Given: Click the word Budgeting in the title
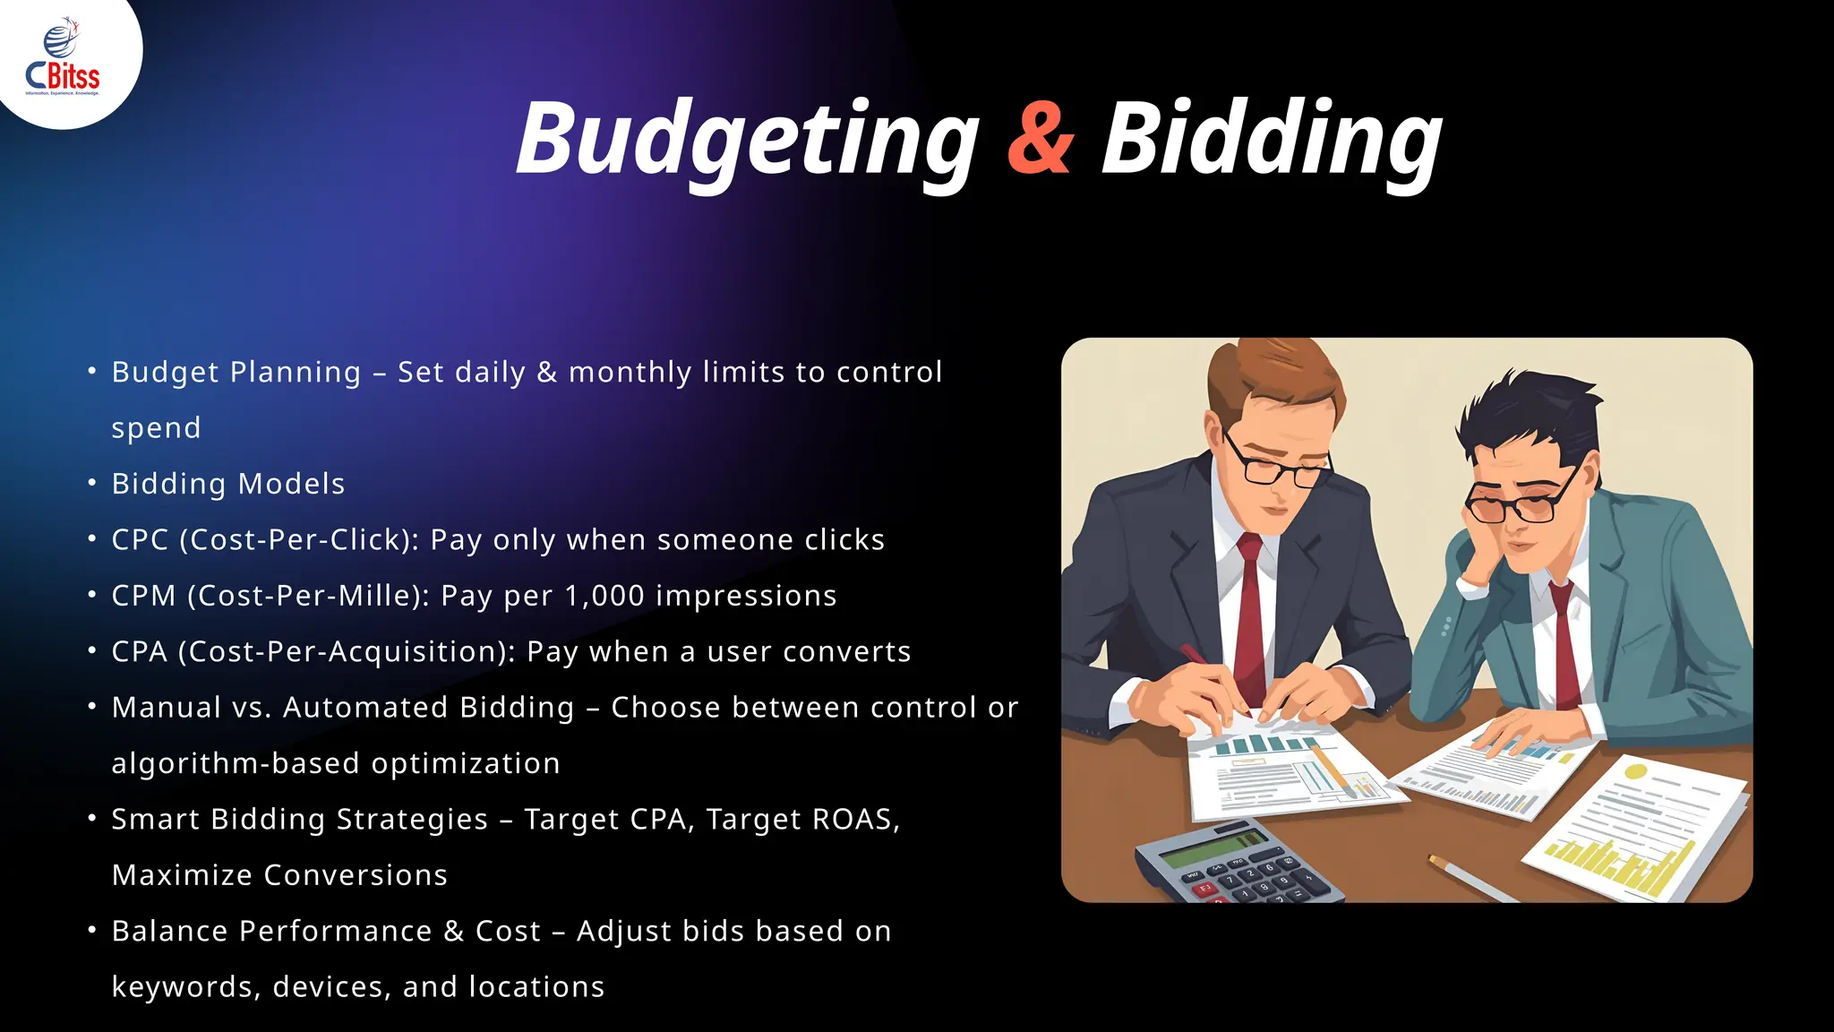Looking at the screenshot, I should (748, 140).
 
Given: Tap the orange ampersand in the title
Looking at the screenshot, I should (1040, 139).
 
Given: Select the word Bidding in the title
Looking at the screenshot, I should (1272, 140).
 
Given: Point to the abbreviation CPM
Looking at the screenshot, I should (143, 596).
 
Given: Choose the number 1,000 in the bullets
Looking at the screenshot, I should (604, 596).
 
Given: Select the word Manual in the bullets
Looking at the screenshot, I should (166, 708).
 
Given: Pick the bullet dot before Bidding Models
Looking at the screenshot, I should (92, 483).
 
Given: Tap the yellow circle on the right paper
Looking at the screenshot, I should (1635, 770).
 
